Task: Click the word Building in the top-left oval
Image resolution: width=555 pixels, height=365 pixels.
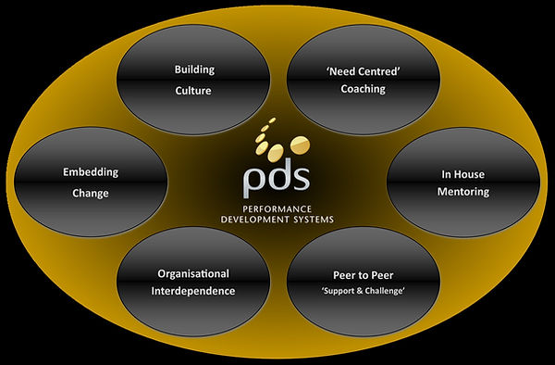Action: (x=194, y=69)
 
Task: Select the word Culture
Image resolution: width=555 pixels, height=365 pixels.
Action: (x=194, y=93)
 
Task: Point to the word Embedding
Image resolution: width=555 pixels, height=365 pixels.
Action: (x=91, y=172)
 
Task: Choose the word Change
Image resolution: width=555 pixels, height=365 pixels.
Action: (x=91, y=194)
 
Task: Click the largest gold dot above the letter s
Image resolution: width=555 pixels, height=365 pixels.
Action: (x=298, y=143)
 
